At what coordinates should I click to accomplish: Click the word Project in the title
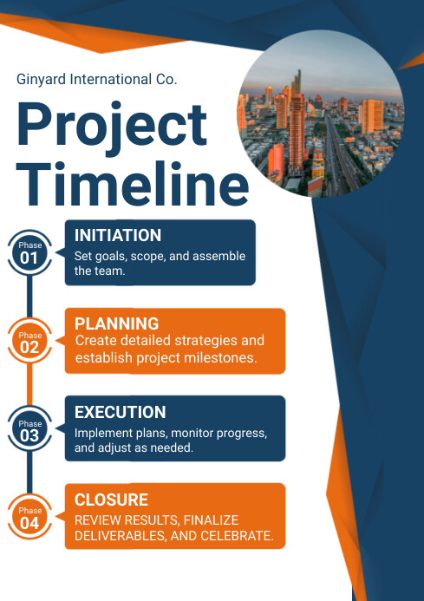point(112,125)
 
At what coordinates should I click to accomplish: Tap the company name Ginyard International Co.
point(96,79)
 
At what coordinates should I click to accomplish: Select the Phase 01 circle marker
point(29,253)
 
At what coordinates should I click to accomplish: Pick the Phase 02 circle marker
point(29,342)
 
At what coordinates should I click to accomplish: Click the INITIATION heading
point(118,235)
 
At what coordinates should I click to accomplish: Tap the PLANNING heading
point(116,323)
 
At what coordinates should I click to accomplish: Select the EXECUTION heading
point(120,412)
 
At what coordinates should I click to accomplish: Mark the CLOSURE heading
point(111,500)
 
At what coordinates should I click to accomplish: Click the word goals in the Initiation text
point(113,257)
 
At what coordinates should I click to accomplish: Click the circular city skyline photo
point(321,114)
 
